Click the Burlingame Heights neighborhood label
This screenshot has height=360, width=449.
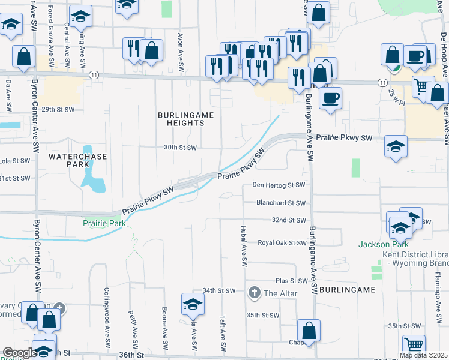(x=181, y=118)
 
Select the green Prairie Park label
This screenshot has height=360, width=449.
(x=104, y=223)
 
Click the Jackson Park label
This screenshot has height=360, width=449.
(x=383, y=244)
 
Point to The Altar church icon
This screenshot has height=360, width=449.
(x=254, y=293)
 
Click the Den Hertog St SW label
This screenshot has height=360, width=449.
(x=279, y=185)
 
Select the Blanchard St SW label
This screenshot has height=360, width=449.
(x=281, y=203)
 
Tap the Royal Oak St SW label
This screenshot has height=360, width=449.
(x=282, y=243)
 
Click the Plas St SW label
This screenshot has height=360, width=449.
(x=291, y=281)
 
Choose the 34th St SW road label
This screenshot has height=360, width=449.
(x=219, y=290)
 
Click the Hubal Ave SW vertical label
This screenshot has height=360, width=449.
(x=244, y=246)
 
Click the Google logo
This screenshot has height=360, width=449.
(x=19, y=353)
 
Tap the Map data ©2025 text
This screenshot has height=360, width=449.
(x=423, y=355)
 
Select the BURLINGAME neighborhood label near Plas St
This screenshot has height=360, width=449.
(x=347, y=289)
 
